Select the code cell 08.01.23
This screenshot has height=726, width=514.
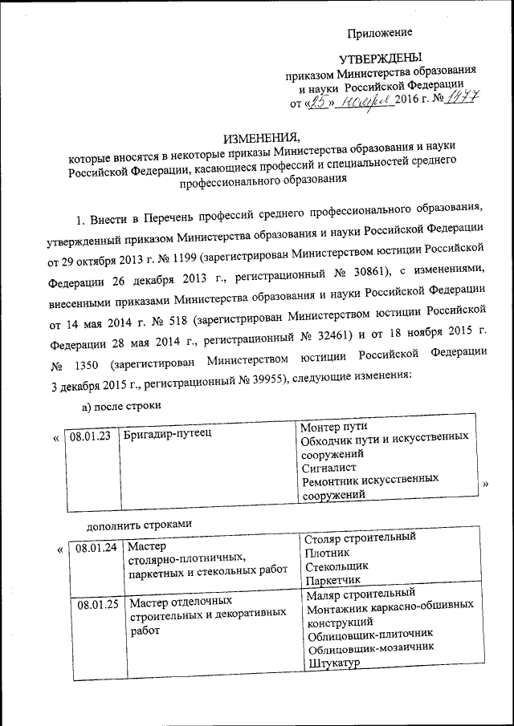pos(90,437)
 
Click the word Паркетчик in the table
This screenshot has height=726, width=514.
pos(333,579)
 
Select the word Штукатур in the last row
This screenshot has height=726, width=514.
pos(332,663)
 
